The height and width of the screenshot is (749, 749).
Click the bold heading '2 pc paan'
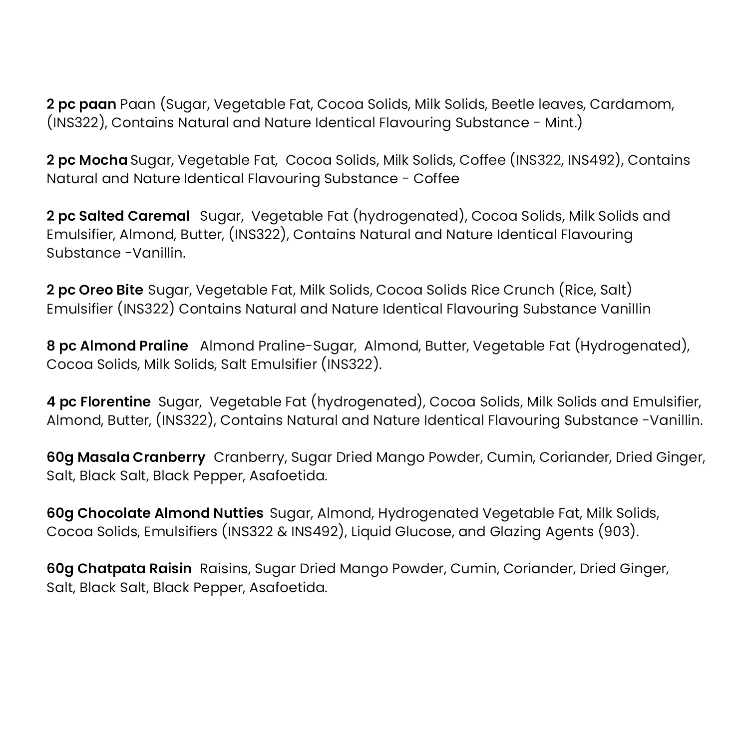pyautogui.click(x=81, y=104)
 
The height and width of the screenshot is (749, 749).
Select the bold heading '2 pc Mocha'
pyautogui.click(x=87, y=160)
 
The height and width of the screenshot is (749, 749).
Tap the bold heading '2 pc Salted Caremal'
pyautogui.click(x=118, y=216)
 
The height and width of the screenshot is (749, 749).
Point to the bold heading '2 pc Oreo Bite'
pyautogui.click(x=95, y=290)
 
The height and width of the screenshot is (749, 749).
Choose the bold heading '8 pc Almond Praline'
pyautogui.click(x=117, y=346)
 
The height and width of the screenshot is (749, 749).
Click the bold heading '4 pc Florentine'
pyautogui.click(x=98, y=402)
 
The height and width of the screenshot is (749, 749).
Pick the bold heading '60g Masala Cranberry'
pyautogui.click(x=126, y=457)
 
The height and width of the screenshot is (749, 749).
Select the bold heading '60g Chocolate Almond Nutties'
pyautogui.click(x=155, y=513)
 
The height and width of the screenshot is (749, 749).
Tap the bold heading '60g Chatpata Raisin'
pyautogui.click(x=119, y=569)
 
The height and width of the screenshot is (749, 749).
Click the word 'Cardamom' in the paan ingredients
pyautogui.click(x=631, y=104)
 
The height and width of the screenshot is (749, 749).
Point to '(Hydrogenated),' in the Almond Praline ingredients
pyautogui.click(x=632, y=346)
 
